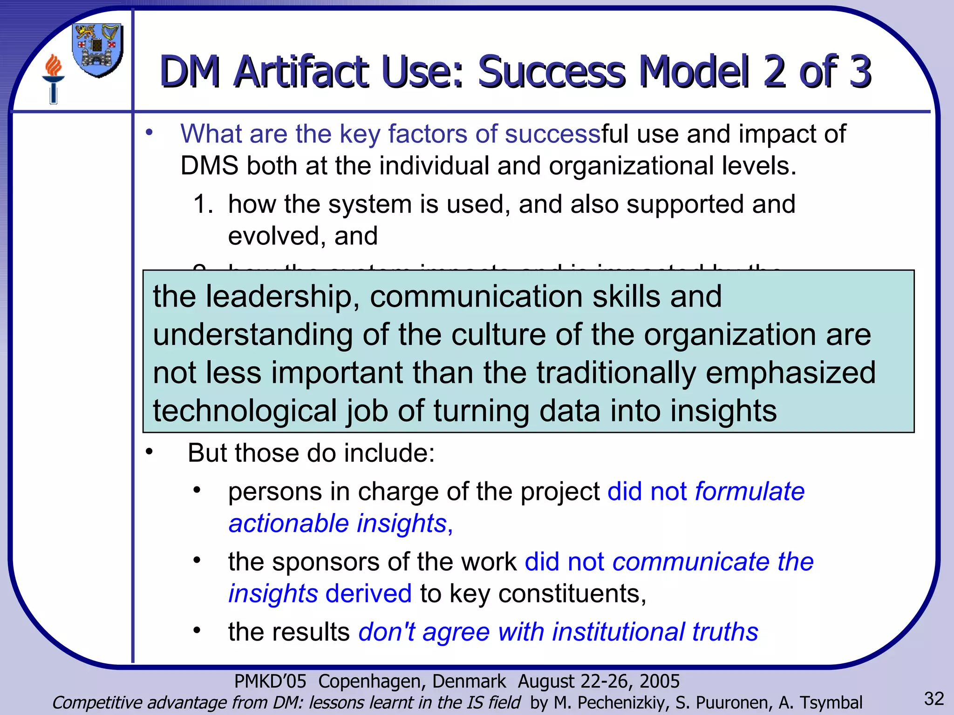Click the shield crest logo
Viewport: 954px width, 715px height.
click(98, 50)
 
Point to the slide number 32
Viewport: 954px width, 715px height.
click(934, 699)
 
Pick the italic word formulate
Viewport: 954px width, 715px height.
click(750, 492)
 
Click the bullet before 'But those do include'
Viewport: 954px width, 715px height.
click(149, 452)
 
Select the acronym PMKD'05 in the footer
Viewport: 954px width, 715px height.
click(270, 681)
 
